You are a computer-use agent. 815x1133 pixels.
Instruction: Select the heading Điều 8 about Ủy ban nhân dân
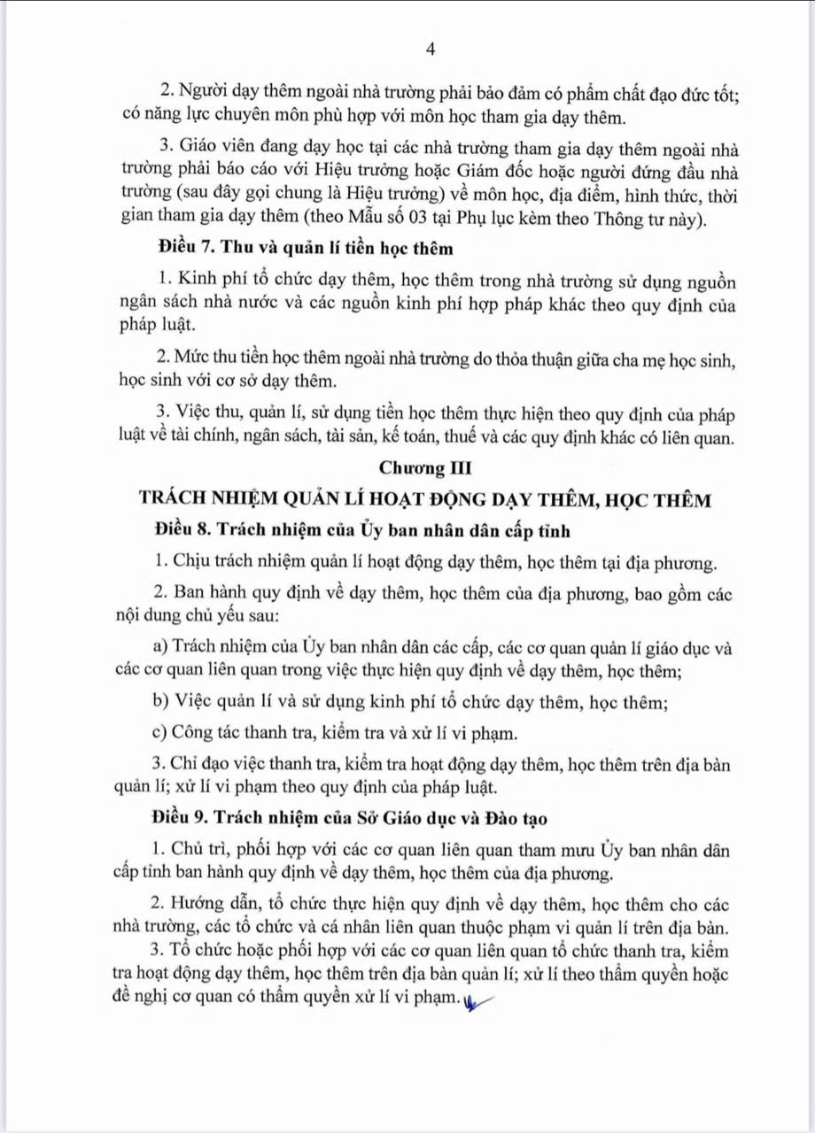pyautogui.click(x=361, y=530)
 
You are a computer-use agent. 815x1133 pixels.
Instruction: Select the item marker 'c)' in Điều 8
pyautogui.click(x=160, y=733)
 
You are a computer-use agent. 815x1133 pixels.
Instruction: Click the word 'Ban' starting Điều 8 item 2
pyautogui.click(x=186, y=591)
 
